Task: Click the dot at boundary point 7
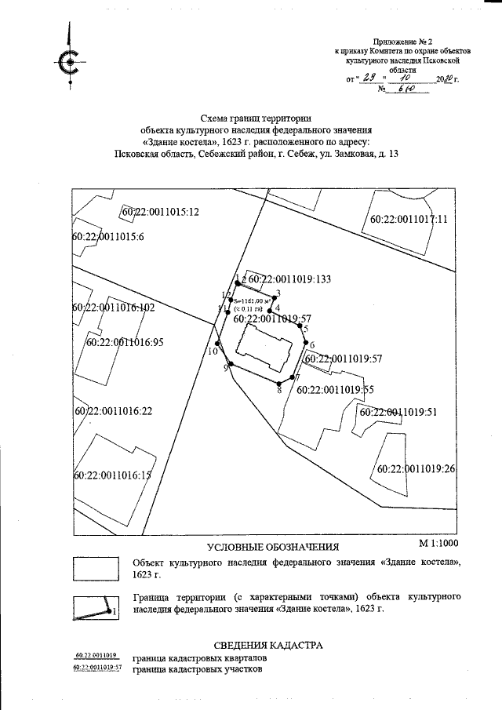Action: click(x=293, y=377)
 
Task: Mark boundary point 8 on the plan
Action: click(x=278, y=382)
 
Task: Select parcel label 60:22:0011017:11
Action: click(x=408, y=219)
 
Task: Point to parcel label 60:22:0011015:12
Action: click(x=161, y=212)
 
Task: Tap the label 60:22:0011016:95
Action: click(x=125, y=341)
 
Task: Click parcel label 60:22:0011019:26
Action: click(x=417, y=468)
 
